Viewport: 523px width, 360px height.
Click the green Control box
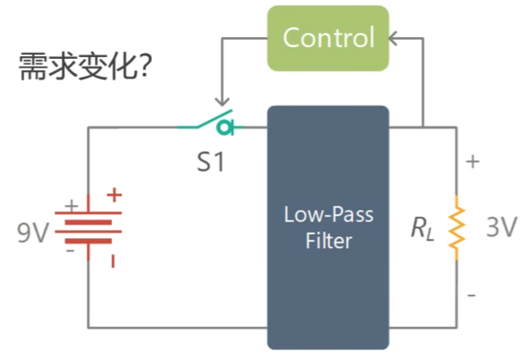328,38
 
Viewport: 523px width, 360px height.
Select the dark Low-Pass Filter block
328,227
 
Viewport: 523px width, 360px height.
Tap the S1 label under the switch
211,162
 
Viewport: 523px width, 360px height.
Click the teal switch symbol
211,123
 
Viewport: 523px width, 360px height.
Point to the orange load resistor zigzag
457,227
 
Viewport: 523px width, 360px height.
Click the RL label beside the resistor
423,229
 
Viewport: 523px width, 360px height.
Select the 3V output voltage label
501,227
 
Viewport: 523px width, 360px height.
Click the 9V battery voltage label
32,232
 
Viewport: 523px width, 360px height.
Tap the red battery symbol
88,227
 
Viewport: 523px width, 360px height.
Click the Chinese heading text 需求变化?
86,66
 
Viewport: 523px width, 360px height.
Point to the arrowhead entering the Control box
393,38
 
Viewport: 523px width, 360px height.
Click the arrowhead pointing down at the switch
222,102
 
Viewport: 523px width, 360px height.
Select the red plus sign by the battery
115,195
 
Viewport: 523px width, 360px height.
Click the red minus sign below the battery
113,261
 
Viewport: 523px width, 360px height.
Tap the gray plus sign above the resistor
472,162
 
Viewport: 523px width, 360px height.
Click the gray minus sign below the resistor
472,295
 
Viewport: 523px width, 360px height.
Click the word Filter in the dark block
329,241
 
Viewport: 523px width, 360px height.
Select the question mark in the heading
145,66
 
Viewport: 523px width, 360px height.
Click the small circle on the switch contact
224,128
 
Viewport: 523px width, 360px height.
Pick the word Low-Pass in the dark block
329,214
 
